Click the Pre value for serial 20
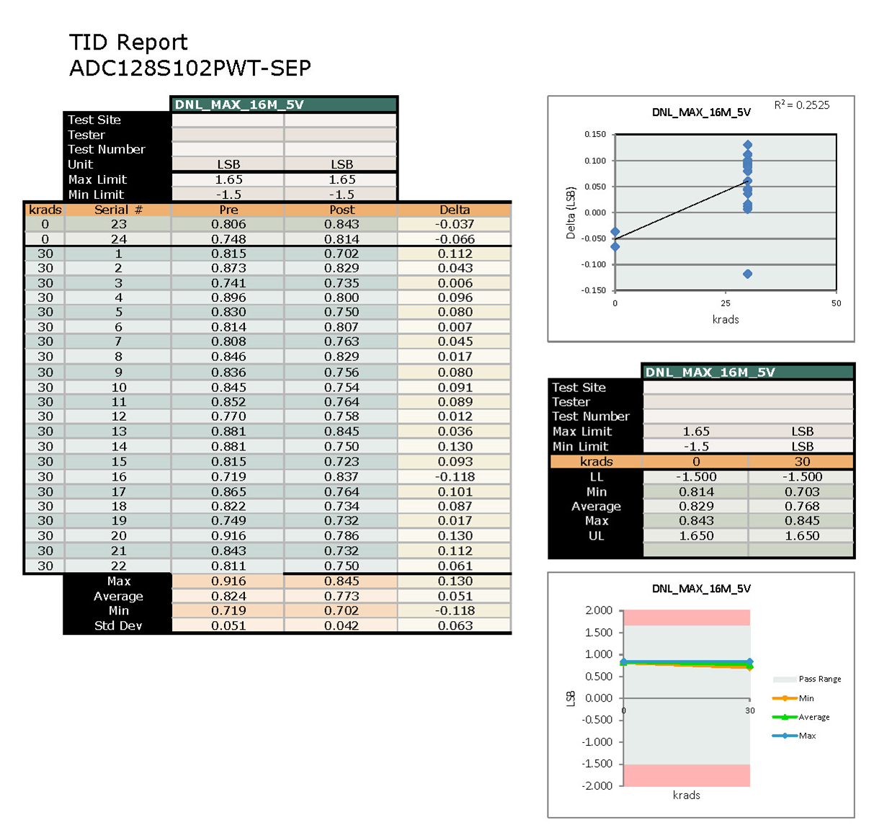(x=228, y=535)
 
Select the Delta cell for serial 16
(x=455, y=476)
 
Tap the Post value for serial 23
(x=342, y=224)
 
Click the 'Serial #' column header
(x=118, y=210)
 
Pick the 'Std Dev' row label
(x=118, y=625)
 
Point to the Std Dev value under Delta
(x=455, y=625)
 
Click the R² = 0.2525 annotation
(x=801, y=105)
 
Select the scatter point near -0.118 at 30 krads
(x=747, y=274)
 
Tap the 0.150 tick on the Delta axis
(x=594, y=134)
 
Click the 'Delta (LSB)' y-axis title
(x=571, y=213)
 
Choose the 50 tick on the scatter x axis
(x=836, y=303)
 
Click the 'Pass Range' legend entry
(x=819, y=679)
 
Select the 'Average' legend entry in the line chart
(x=813, y=717)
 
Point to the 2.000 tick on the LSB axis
(x=598, y=610)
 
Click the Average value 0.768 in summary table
(x=802, y=506)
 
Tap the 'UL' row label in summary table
(x=596, y=535)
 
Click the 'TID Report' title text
(x=128, y=43)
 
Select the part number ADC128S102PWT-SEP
(x=190, y=68)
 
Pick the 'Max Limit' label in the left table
(x=97, y=179)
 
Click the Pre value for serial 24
(x=228, y=239)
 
